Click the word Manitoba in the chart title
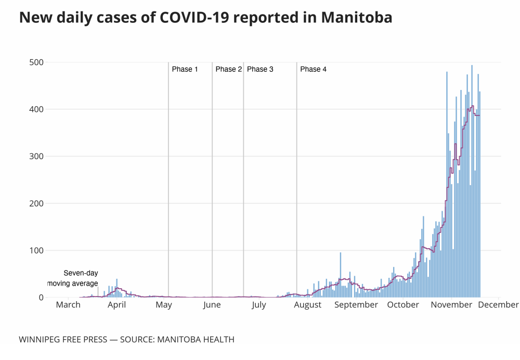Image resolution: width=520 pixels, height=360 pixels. pos(357,17)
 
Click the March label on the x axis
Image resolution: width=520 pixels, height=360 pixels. pos(68,305)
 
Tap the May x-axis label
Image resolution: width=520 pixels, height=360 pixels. pos(164,305)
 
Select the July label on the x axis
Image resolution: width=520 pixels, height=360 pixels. pos(259,305)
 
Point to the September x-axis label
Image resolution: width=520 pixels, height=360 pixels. pos(356,305)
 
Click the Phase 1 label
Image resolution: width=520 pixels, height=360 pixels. pos(185,69)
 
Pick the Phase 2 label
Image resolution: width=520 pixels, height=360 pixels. pos(229,69)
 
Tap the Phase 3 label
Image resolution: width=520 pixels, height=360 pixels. pos(260,69)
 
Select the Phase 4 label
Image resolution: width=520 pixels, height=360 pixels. pos(313,69)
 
